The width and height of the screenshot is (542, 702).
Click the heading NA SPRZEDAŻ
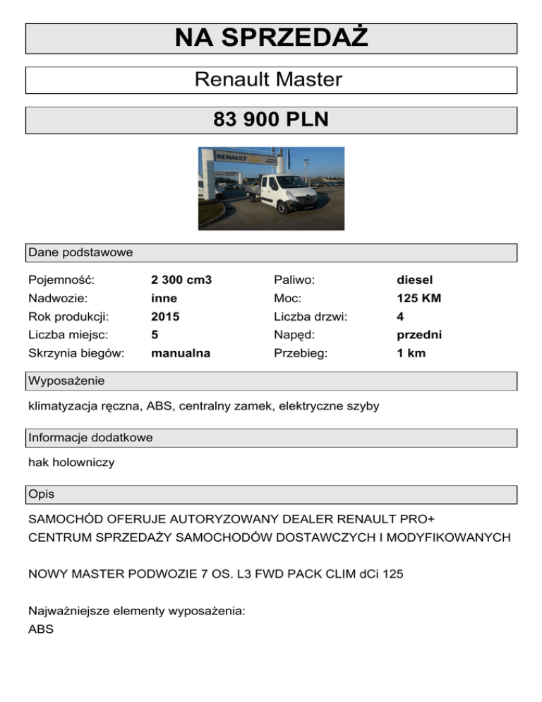tap(271, 38)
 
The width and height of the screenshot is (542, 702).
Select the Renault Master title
tap(268, 80)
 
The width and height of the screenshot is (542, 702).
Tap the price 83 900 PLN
tap(271, 120)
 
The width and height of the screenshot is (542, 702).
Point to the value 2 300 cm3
tap(181, 280)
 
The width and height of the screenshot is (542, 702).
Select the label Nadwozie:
tap(57, 299)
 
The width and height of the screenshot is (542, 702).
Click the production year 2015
tap(165, 317)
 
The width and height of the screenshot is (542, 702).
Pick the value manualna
tap(181, 353)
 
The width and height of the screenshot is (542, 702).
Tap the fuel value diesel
tap(414, 280)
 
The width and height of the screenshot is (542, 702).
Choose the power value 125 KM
tap(418, 299)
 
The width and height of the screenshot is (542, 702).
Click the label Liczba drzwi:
tap(310, 317)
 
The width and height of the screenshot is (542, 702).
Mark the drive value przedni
tap(419, 335)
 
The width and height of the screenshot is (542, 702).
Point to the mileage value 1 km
tap(411, 353)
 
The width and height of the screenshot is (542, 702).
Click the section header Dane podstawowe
tap(80, 252)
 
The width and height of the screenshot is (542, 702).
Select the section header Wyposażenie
tap(66, 381)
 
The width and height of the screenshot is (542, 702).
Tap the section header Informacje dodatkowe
tap(90, 438)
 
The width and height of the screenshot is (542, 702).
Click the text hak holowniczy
tap(71, 463)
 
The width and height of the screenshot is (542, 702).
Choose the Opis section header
tap(42, 494)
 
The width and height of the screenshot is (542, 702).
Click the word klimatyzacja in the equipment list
tap(63, 406)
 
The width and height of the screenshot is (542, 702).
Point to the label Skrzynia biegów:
tap(76, 353)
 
